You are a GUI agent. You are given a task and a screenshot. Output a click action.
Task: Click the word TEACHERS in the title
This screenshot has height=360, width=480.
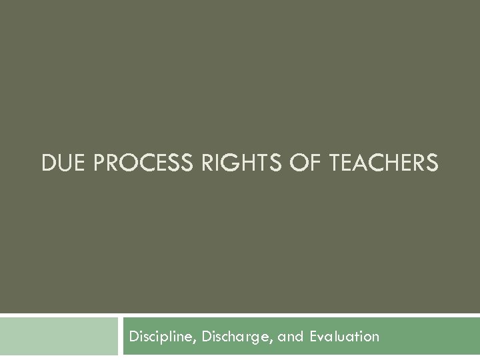pos(383,162)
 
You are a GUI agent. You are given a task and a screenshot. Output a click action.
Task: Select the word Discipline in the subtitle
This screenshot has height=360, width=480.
pos(159,336)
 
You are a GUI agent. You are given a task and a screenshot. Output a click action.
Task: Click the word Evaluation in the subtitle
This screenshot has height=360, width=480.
pos(345,336)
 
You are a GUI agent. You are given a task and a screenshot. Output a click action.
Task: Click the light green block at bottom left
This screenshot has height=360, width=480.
pos(59,337)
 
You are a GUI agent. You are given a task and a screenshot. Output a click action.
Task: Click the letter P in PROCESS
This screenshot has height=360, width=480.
pos(100,162)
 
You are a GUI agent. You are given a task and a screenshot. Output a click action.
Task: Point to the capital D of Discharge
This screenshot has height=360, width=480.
pos(203,336)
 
